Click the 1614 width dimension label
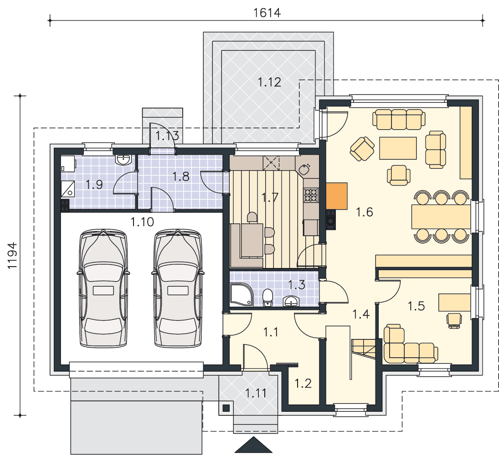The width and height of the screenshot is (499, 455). [267, 13]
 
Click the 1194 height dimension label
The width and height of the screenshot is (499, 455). [12, 255]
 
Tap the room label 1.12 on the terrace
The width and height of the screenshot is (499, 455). [269, 82]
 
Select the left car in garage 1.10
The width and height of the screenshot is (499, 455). [103, 288]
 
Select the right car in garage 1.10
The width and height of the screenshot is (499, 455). [178, 288]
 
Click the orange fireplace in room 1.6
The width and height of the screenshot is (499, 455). [337, 196]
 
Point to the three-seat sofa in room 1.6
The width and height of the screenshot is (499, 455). [399, 120]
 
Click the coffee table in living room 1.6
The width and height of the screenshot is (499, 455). [398, 148]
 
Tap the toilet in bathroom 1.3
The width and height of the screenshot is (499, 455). [268, 298]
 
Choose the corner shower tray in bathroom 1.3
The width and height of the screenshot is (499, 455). [241, 294]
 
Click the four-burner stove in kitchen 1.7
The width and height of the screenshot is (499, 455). [311, 195]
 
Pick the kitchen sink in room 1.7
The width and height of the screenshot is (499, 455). [304, 170]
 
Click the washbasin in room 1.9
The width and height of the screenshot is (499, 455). [124, 160]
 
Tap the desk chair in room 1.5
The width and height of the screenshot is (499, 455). [454, 320]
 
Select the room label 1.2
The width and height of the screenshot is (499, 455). [303, 384]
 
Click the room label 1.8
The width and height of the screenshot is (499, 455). [181, 177]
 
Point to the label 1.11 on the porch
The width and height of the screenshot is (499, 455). [256, 394]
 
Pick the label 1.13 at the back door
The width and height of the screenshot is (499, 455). [167, 136]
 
